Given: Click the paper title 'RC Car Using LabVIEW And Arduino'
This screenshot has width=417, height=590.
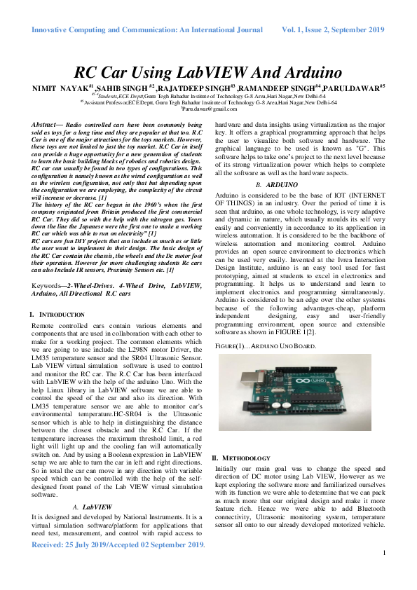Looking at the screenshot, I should (x=208, y=72).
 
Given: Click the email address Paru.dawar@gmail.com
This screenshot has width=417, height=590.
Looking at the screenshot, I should (x=209, y=109).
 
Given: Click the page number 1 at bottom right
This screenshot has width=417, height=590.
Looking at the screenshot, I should (x=384, y=573).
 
